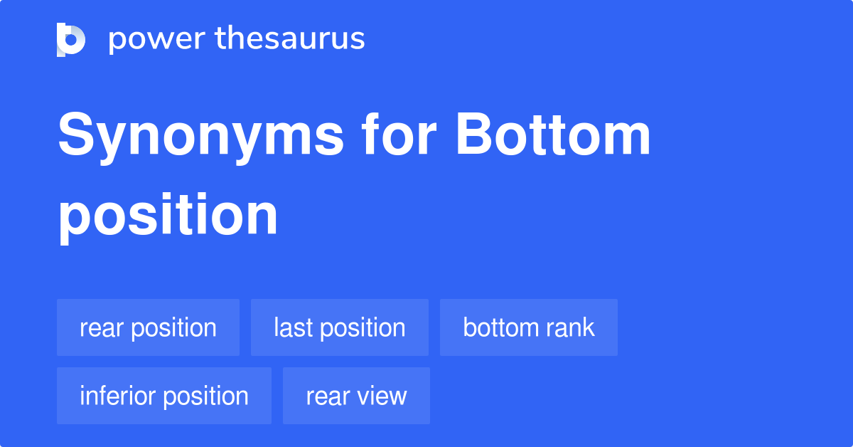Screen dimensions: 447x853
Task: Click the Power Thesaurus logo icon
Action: click(x=70, y=39)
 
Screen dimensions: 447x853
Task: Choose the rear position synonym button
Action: click(x=148, y=327)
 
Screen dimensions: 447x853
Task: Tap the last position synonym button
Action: click(x=339, y=327)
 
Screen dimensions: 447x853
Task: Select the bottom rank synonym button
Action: click(x=528, y=327)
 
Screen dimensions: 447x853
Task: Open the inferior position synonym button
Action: click(x=163, y=396)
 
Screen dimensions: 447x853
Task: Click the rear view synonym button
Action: click(x=356, y=396)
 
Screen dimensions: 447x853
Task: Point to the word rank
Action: click(x=571, y=327)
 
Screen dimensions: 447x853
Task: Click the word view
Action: click(x=384, y=396)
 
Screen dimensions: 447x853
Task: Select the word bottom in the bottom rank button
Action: click(x=501, y=327)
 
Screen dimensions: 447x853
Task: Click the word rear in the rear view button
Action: click(x=327, y=396)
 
